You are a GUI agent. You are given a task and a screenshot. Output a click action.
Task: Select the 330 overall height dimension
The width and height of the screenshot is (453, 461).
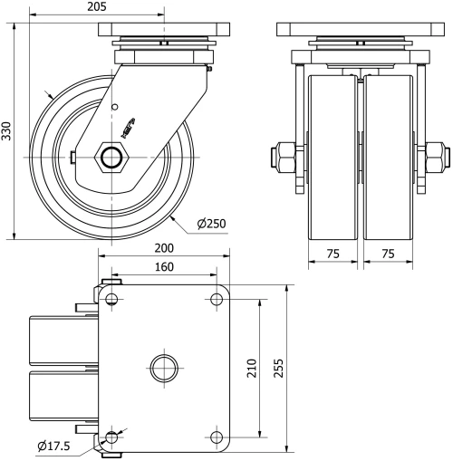coord(8,131)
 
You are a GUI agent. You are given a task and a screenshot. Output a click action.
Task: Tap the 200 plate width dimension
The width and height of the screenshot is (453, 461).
coord(163,247)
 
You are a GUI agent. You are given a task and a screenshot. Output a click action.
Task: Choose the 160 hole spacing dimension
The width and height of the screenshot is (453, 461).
coord(163,267)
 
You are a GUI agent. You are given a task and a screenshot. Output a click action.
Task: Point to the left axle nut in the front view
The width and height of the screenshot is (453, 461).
coord(283,157)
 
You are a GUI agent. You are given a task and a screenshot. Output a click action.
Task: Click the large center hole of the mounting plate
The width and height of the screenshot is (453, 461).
coord(163,368)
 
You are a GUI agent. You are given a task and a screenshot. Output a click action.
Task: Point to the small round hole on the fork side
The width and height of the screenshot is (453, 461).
coord(114,108)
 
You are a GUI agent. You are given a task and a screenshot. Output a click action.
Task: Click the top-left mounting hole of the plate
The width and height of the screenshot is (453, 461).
coord(111,299)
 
